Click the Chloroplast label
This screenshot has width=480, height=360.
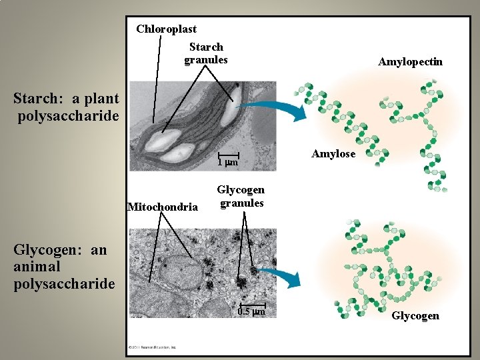[166, 29]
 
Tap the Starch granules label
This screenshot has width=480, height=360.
[206, 53]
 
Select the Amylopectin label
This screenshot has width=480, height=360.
[410, 62]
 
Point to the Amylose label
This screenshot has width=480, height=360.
[333, 154]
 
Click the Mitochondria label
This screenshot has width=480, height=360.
[162, 207]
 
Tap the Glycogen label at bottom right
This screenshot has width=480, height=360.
[415, 315]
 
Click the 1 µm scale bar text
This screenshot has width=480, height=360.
[227, 163]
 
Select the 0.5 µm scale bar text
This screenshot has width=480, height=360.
[253, 312]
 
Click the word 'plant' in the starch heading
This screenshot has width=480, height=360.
[96, 99]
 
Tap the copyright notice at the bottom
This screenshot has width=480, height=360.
[153, 347]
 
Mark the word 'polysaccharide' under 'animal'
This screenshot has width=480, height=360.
[64, 284]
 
